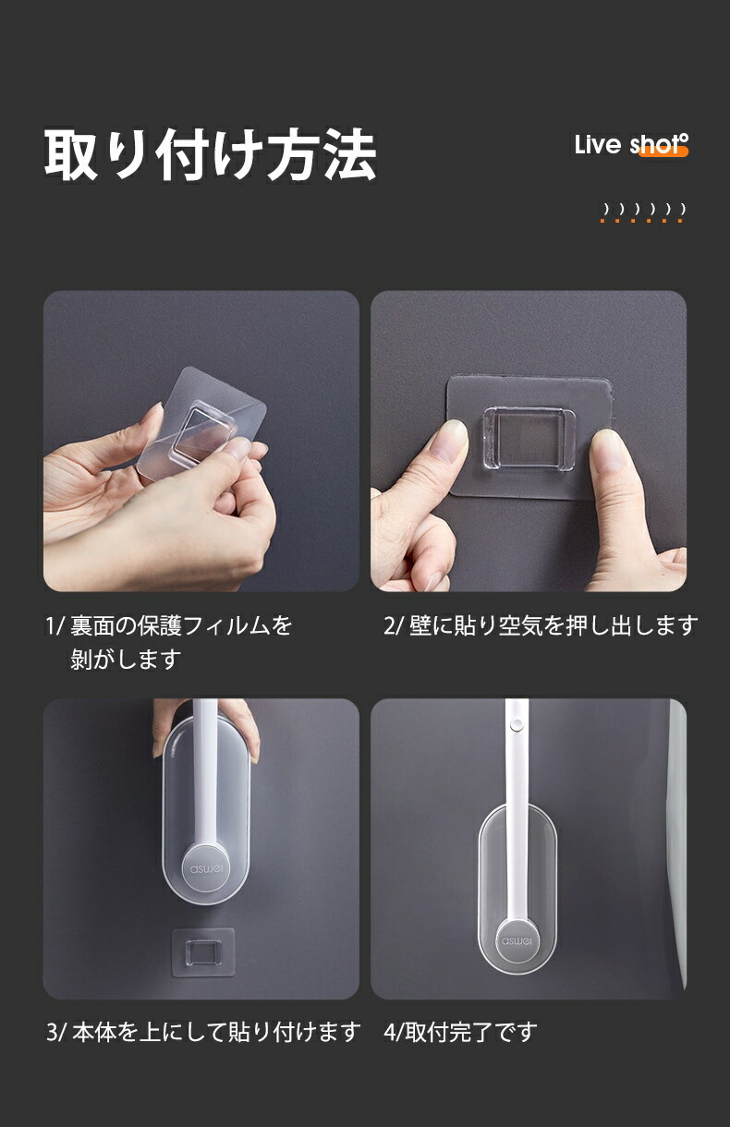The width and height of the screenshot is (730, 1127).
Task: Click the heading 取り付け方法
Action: coord(211,154)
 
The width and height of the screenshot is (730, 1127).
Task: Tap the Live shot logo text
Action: coord(631,145)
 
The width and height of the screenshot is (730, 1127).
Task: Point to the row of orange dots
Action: coord(643,221)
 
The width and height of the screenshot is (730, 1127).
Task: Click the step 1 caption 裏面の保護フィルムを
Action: coord(180,626)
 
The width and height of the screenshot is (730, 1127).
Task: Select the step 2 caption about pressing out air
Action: coord(541,626)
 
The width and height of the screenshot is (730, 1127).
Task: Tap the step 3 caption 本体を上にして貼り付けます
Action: coord(203,1033)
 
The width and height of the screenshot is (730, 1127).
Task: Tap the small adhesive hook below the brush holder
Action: coord(203,952)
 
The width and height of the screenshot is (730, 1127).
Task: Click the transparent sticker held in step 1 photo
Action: coord(201,424)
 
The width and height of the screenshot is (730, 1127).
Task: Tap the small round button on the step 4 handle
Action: coord(516,725)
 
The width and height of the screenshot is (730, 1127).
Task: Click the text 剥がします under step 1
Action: coord(126,659)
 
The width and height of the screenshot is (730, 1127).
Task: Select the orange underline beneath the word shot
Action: coord(663,151)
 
